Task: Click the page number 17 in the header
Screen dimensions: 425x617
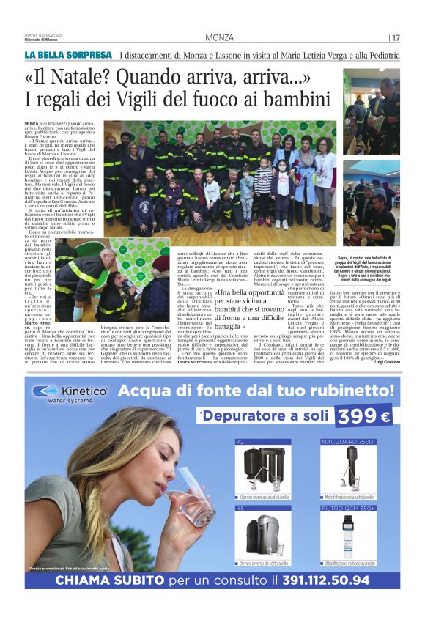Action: pos(396,38)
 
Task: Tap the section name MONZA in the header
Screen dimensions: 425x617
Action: pos(220,38)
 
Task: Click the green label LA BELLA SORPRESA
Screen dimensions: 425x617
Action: pos(68,55)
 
